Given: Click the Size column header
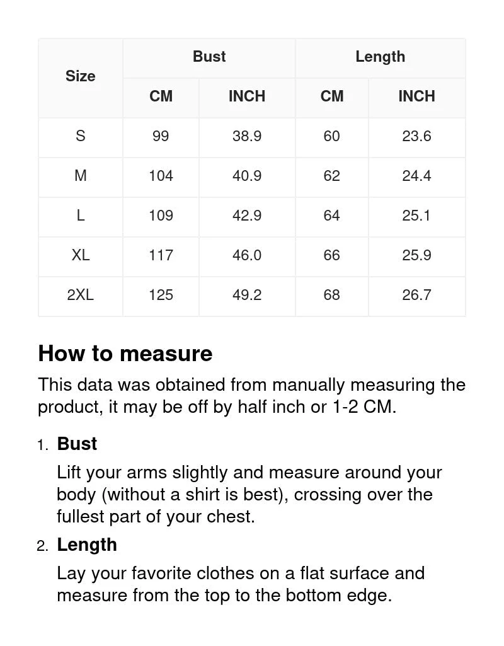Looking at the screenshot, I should point(81,76).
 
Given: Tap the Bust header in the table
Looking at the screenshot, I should point(209,57).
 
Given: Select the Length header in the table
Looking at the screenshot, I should point(380,57).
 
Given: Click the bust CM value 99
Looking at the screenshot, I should point(161,136).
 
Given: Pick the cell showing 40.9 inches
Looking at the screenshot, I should point(247,176).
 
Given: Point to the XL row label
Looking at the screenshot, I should point(81,255).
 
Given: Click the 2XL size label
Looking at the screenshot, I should point(81,295).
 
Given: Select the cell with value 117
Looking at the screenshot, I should point(161,255).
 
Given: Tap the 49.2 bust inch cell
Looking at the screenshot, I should point(247,295).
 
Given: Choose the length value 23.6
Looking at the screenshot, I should point(416,136).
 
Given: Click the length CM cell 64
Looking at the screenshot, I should point(331,216).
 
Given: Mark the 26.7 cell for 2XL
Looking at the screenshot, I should point(416,295).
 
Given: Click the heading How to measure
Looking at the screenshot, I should point(125,354).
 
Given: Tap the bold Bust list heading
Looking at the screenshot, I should point(77,444).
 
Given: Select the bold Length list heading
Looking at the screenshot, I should point(87,545).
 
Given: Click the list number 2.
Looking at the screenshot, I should point(42,546).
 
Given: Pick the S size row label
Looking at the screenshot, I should point(81,136).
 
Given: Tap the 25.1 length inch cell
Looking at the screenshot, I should point(416,216).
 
